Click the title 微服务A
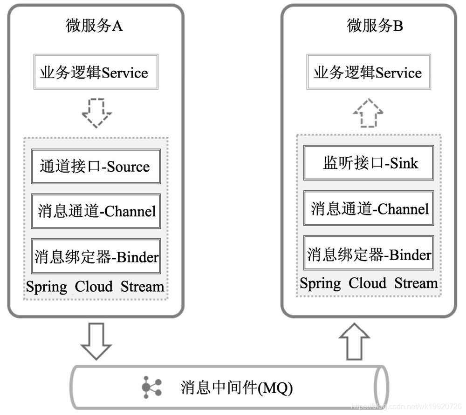[x=94, y=26]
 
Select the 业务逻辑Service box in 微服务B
[x=368, y=73]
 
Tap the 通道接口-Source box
[x=96, y=167]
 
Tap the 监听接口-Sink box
[x=369, y=163]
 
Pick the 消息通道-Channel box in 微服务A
[x=96, y=211]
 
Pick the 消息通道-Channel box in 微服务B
[x=369, y=208]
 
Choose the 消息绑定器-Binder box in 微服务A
[x=96, y=256]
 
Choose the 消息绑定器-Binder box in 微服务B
[x=369, y=254]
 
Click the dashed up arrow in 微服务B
[x=368, y=112]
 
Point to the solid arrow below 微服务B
[x=355, y=342]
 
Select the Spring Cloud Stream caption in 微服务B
[x=369, y=283]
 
